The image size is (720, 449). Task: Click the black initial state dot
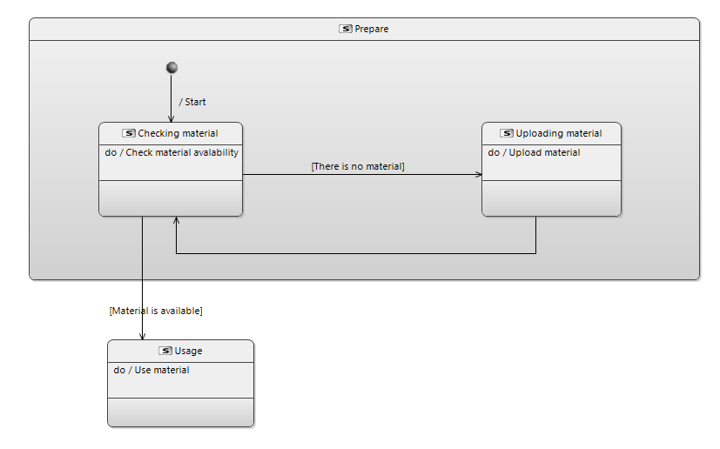[x=172, y=68]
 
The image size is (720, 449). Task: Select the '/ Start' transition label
[x=192, y=102]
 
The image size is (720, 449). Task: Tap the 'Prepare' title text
[x=372, y=29]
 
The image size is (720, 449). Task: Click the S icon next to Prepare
[x=346, y=29]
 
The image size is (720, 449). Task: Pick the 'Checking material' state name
[x=178, y=134]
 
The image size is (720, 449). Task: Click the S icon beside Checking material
[x=129, y=133]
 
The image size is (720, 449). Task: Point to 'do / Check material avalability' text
[x=172, y=153]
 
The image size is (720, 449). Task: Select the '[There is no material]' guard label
[x=358, y=166]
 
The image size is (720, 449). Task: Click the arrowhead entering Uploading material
[x=479, y=174]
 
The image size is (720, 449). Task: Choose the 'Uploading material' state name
[x=559, y=134]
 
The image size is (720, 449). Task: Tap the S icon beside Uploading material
[x=507, y=133]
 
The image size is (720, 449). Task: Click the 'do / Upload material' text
[x=534, y=153]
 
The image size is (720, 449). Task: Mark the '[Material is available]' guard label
[x=156, y=311]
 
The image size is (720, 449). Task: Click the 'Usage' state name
[x=188, y=352]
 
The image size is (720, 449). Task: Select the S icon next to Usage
[x=165, y=351]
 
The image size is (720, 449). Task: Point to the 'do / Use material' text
[x=151, y=370]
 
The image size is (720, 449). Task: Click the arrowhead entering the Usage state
[x=143, y=337]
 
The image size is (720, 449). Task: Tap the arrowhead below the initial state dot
[x=172, y=119]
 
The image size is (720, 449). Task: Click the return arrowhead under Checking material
[x=177, y=220]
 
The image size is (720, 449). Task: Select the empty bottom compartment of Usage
[x=180, y=412]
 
